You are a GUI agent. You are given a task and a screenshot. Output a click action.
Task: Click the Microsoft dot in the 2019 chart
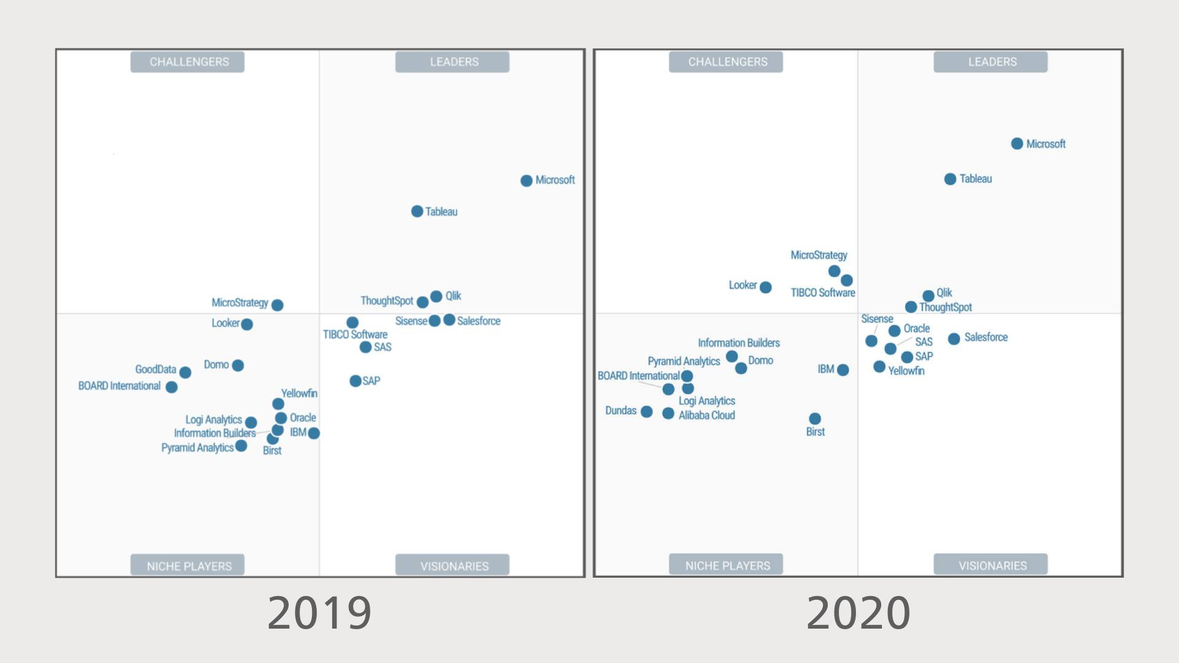[526, 180]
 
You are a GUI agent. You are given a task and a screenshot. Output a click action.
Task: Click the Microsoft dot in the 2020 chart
[1017, 144]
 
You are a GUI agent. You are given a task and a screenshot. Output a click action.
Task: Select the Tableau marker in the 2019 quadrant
[417, 211]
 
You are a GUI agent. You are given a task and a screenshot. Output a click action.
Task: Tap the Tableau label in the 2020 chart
[976, 179]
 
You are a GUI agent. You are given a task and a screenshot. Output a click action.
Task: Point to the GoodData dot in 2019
[185, 372]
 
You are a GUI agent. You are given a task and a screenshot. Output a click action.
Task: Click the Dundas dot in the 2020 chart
[647, 411]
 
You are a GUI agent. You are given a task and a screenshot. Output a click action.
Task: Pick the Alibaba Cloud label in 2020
[707, 415]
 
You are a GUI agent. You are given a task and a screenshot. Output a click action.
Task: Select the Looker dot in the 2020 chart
[765, 287]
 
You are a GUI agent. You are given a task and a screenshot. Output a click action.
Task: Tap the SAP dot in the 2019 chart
[355, 381]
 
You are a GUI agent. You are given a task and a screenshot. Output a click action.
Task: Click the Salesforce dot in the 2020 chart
[954, 339]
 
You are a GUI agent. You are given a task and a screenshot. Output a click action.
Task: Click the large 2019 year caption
[319, 612]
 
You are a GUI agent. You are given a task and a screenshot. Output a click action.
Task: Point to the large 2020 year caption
[858, 612]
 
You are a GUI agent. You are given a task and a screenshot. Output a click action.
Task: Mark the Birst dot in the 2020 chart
[815, 419]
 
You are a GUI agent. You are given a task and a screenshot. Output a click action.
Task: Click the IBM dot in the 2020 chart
[843, 370]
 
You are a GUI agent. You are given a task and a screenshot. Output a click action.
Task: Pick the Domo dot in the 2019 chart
[238, 365]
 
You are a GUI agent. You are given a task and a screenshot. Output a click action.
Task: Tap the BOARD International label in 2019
[119, 386]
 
